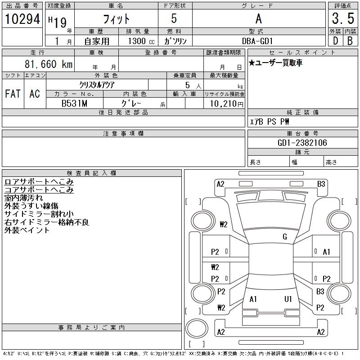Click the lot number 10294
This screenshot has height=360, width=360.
click(22, 19)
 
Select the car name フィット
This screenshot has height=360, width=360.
click(116, 19)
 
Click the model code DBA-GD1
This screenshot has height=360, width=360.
click(258, 40)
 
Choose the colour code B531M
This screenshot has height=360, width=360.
click(74, 103)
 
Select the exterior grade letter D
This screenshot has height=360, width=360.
click(335, 40)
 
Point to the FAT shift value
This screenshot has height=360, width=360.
click(13, 94)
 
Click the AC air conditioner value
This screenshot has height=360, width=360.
click(35, 94)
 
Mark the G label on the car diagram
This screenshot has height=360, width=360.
click(284, 237)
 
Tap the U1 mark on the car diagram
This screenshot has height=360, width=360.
click(288, 299)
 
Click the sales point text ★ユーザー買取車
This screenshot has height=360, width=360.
click(276, 63)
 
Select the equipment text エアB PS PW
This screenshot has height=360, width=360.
click(270, 121)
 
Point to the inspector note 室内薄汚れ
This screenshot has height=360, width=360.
click(23, 198)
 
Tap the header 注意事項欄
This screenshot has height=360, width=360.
click(123, 134)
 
